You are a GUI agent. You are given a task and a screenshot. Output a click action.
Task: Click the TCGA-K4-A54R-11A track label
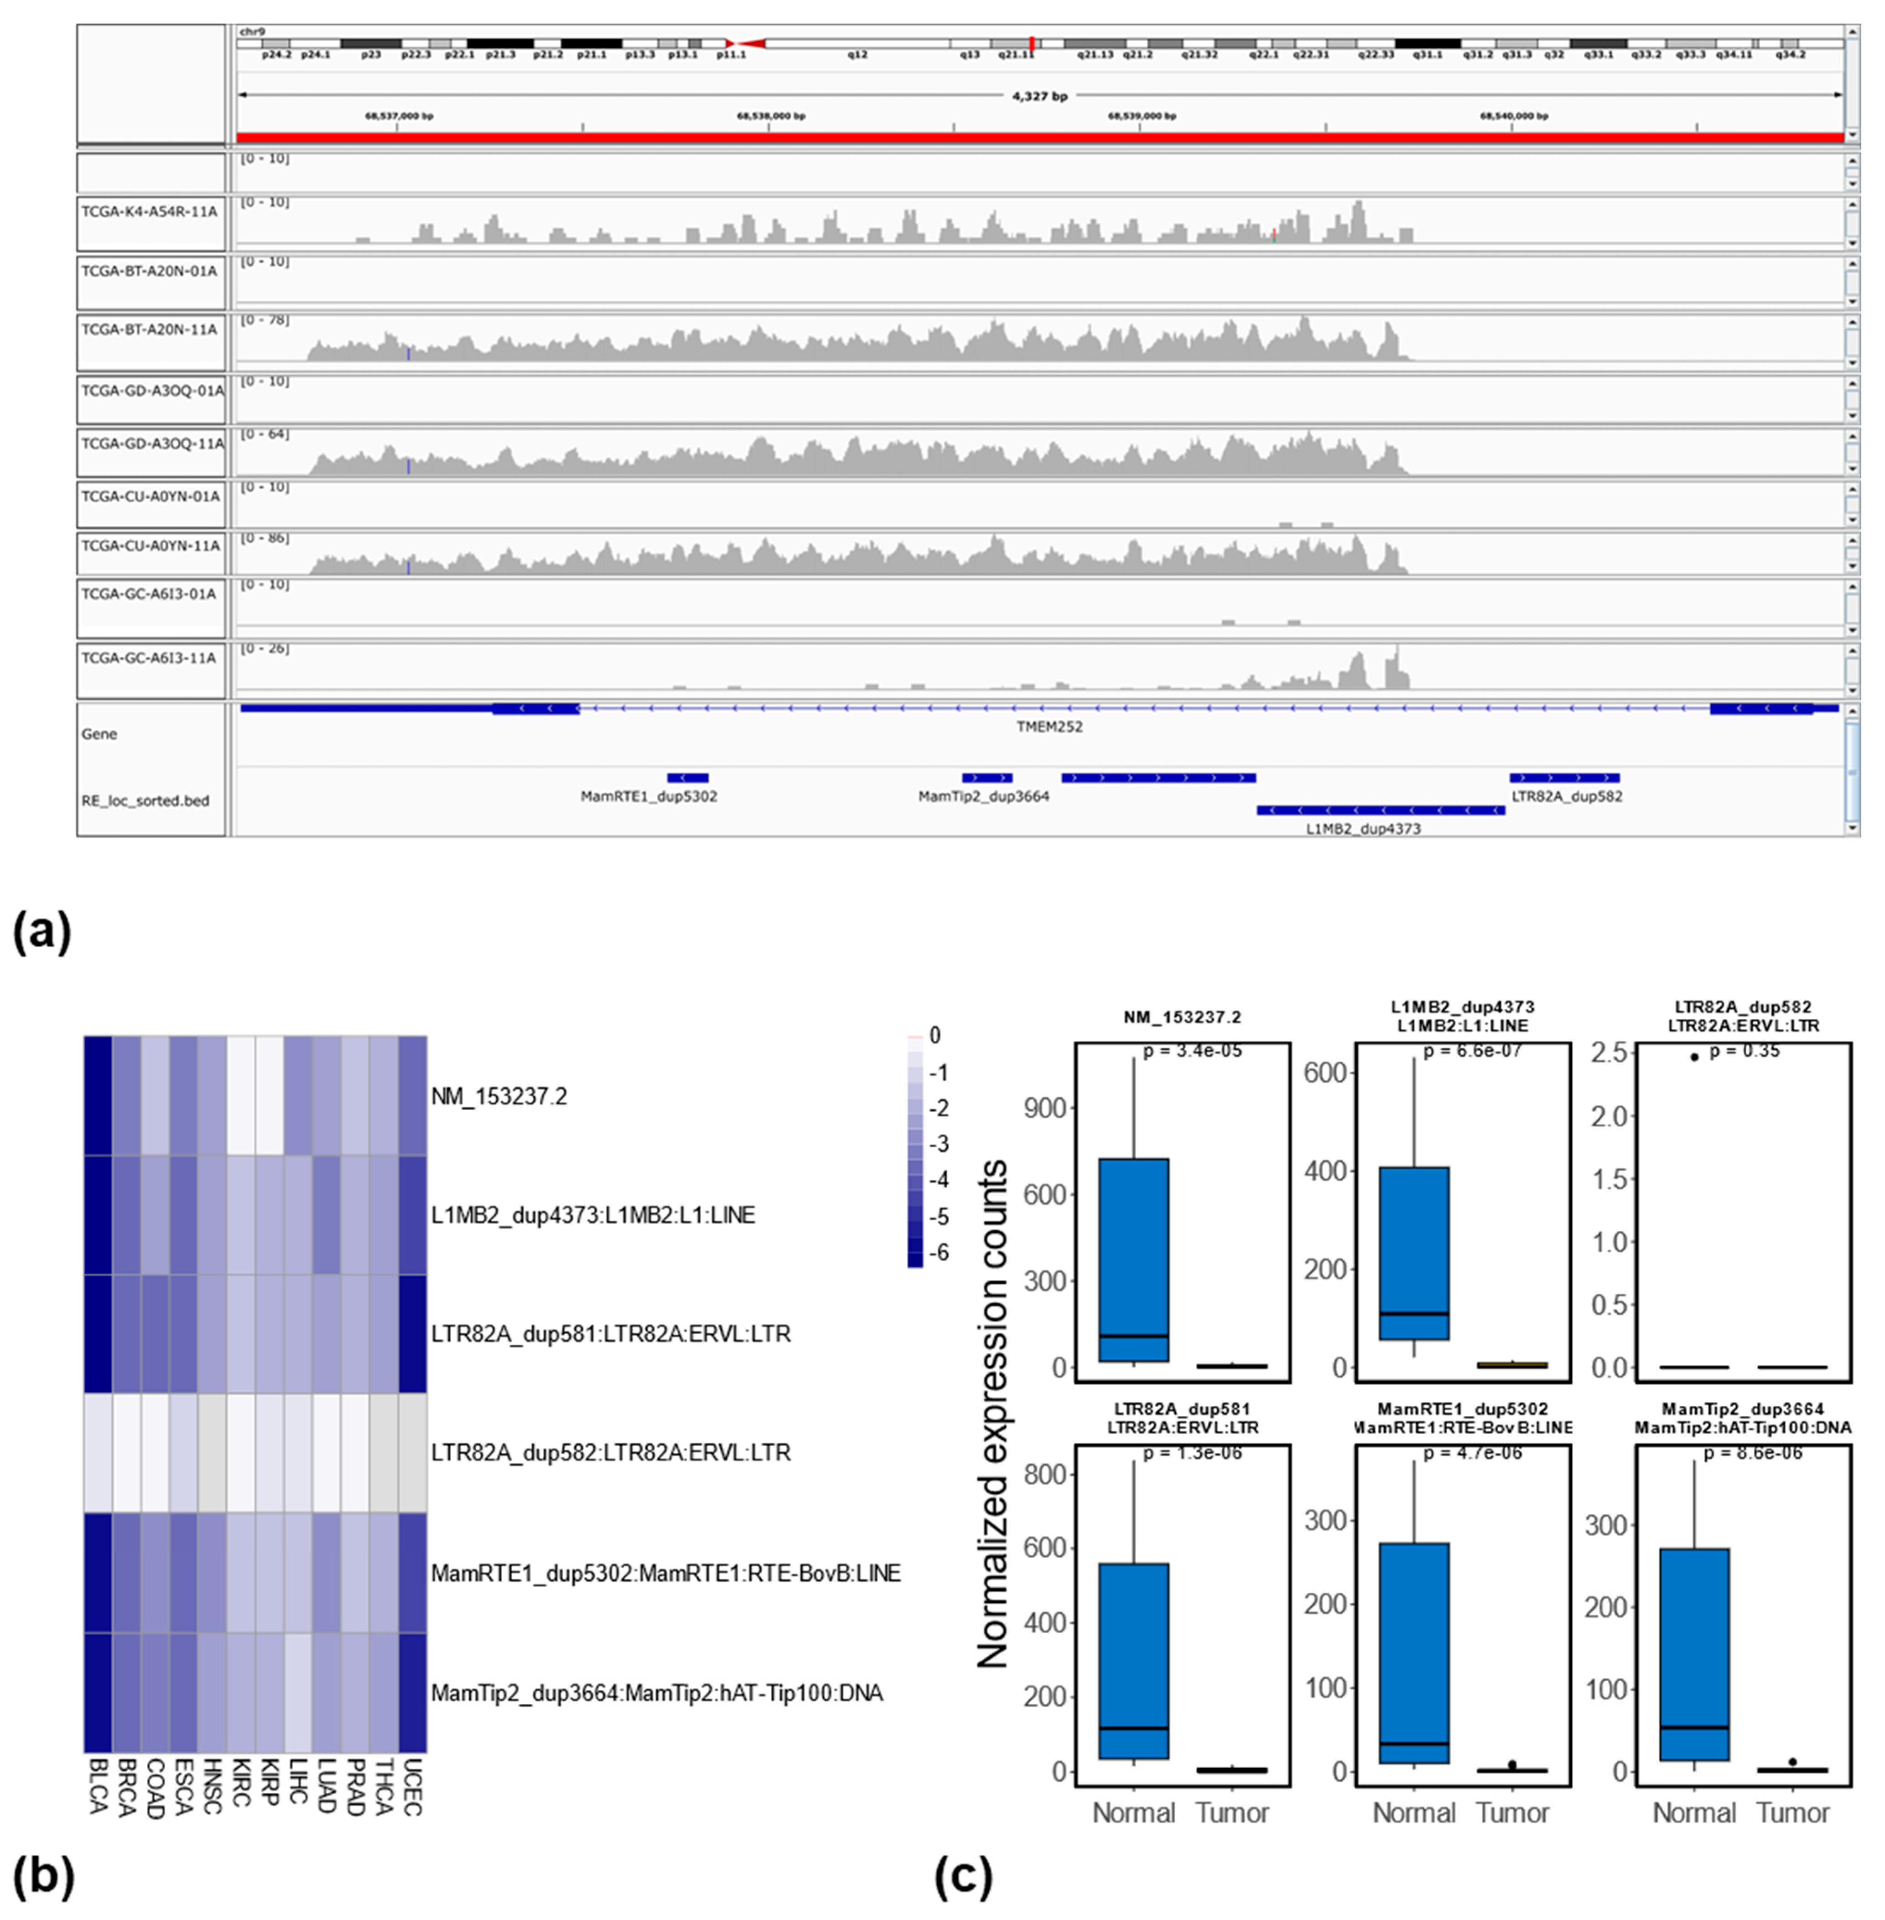coord(149,212)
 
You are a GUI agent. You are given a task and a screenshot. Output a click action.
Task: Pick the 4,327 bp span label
coord(1039,96)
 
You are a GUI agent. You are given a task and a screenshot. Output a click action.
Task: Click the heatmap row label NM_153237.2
coord(499,1097)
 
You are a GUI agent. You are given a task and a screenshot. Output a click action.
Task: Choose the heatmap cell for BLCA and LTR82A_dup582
coord(98,1453)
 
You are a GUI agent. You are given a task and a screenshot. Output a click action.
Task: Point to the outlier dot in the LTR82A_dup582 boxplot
coord(1694,1057)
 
